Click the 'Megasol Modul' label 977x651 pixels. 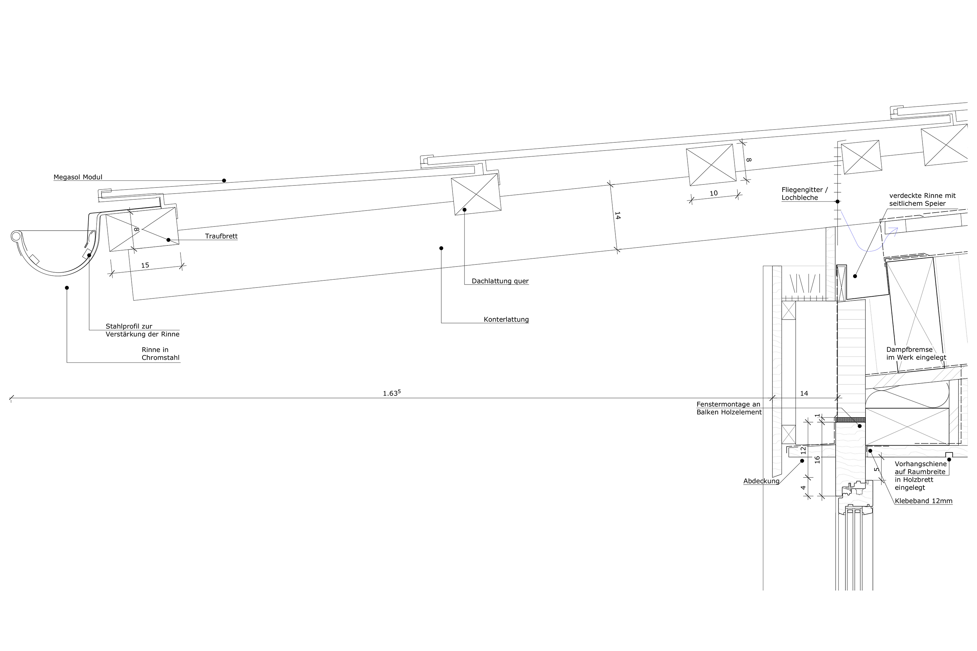click(x=78, y=177)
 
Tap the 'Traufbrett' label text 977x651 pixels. click(x=221, y=236)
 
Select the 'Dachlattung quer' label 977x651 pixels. click(x=500, y=281)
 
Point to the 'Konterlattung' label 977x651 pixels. click(x=506, y=320)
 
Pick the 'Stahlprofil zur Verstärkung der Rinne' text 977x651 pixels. click(x=142, y=331)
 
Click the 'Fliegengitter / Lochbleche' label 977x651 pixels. click(x=804, y=194)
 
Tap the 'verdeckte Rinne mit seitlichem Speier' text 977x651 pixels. click(x=922, y=200)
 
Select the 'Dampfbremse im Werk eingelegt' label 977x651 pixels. click(x=916, y=353)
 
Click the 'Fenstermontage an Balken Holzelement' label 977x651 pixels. click(x=729, y=408)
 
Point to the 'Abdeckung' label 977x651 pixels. click(x=761, y=481)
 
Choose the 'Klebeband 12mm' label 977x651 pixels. click(x=923, y=501)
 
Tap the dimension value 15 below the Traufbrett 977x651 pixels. click(x=145, y=265)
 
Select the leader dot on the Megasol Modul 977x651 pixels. click(x=224, y=181)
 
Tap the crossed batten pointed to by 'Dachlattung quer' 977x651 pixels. click(x=476, y=194)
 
